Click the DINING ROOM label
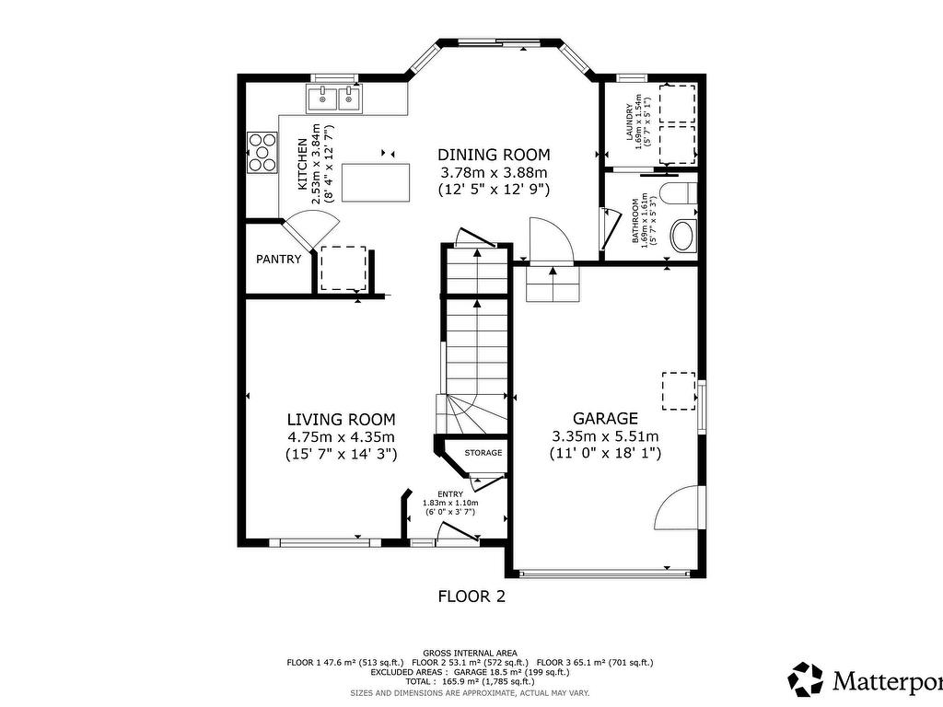[494, 155]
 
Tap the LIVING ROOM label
[340, 419]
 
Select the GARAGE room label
[605, 418]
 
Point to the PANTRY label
[278, 259]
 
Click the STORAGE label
[483, 453]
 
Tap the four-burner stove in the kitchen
[262, 153]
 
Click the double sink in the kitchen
[336, 96]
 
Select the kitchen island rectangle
[376, 180]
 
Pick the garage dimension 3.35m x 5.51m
[605, 435]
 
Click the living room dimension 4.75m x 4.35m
[340, 436]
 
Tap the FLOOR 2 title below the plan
[471, 596]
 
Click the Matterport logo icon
[807, 679]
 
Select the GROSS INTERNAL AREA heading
[470, 652]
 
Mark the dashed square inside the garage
[680, 390]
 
